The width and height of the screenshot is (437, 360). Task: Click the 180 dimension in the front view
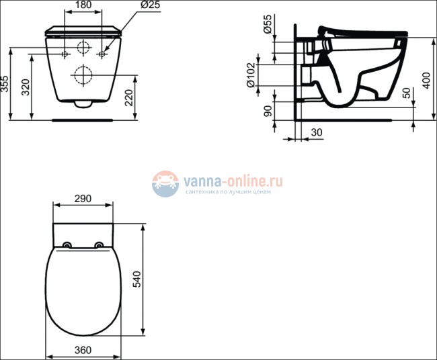pyautogui.click(x=83, y=5)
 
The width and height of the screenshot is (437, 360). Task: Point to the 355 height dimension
pyautogui.click(x=5, y=84)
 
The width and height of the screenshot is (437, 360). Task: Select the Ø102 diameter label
pyautogui.click(x=250, y=76)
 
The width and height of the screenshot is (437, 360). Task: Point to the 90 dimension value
pyautogui.click(x=268, y=110)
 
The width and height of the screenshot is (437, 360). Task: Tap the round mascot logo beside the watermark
pyautogui.click(x=165, y=183)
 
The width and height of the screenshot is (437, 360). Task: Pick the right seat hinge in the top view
pyautogui.click(x=100, y=244)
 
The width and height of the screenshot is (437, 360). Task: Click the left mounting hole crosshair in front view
pyautogui.click(x=65, y=53)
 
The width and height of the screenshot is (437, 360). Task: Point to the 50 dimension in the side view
pyautogui.click(x=405, y=92)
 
